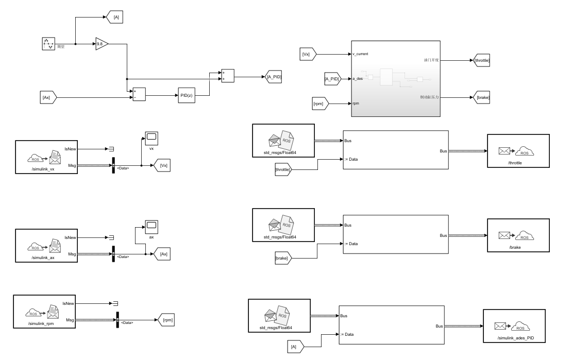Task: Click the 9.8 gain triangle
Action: click(x=101, y=44)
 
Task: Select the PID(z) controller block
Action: click(x=187, y=95)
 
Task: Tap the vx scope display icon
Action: click(x=151, y=138)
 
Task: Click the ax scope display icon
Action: click(x=151, y=227)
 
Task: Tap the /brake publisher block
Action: click(x=517, y=235)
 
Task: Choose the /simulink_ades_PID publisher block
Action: click(x=514, y=326)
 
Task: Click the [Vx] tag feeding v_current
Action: click(x=311, y=53)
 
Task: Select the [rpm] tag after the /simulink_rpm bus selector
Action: click(x=167, y=320)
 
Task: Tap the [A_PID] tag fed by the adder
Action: click(x=274, y=77)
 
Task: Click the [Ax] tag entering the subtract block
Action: click(x=50, y=96)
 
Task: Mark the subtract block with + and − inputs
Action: click(x=139, y=94)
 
